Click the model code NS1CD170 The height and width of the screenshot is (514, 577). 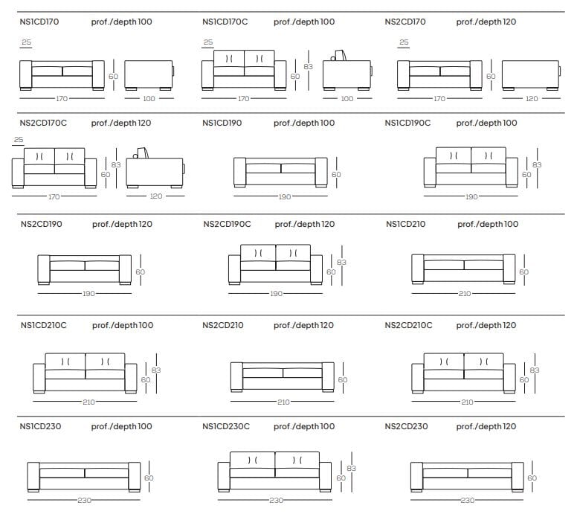tap(40, 22)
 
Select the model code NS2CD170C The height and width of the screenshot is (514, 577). tap(44, 123)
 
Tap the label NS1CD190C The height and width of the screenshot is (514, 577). tap(407, 123)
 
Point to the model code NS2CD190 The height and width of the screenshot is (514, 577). tap(42, 224)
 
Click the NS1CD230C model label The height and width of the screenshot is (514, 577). tap(226, 427)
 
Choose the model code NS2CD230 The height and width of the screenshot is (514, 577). tap(406, 427)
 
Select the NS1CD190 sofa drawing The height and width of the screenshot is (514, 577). tap(281, 173)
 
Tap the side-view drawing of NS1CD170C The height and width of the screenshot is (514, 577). tap(346, 72)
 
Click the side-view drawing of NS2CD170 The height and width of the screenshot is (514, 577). tap(531, 75)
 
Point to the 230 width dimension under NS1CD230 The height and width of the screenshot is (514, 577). tap(84, 501)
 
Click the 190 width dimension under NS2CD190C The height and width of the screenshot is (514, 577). tap(277, 294)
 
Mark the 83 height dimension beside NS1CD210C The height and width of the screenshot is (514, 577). tap(156, 370)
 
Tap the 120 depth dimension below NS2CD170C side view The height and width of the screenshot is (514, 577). tap(156, 197)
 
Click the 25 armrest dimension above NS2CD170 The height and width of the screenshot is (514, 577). tap(404, 43)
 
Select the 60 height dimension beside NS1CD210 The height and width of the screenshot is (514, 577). tap(523, 272)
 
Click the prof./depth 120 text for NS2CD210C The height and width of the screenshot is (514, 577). tap(486, 326)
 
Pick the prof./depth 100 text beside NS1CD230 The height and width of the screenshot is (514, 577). tap(121, 427)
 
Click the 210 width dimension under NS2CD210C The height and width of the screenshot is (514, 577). tap(466, 402)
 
